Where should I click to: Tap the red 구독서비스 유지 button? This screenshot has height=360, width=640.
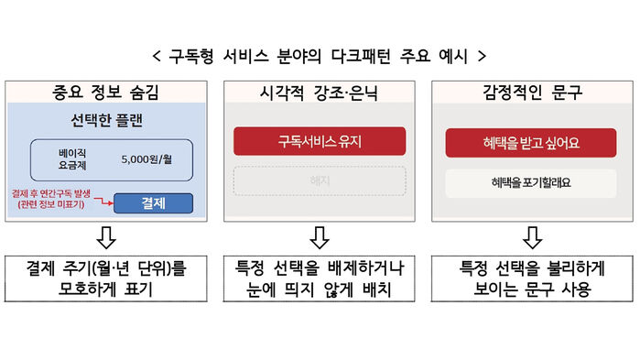click(x=320, y=142)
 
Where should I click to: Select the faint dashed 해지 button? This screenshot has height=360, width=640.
click(x=320, y=180)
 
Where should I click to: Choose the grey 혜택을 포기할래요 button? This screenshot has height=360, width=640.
click(x=531, y=182)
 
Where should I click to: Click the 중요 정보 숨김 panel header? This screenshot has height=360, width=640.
click(x=108, y=92)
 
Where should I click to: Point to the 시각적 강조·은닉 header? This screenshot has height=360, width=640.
click(x=320, y=92)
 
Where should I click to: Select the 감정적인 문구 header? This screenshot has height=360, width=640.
click(x=531, y=92)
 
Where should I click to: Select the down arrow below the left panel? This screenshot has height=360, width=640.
click(x=108, y=239)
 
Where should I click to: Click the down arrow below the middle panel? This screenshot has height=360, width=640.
click(x=320, y=239)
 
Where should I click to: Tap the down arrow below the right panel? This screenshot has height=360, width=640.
click(x=531, y=239)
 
